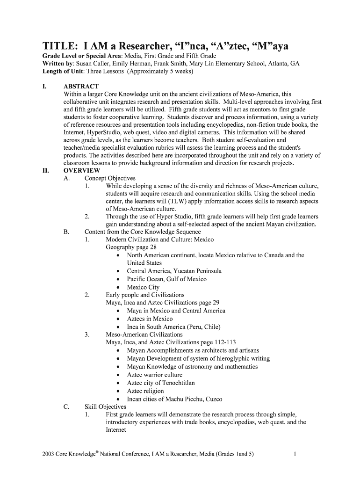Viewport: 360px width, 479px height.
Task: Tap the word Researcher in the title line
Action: click(x=147, y=47)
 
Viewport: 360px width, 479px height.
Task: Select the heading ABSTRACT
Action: click(x=81, y=87)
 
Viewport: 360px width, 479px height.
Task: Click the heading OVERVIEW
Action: click(x=82, y=171)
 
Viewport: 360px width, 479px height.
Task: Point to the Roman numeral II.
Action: click(x=46, y=171)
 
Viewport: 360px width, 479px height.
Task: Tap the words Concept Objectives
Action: click(x=110, y=178)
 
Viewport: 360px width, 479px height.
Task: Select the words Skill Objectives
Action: click(x=105, y=407)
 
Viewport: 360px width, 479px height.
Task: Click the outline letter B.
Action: click(x=66, y=232)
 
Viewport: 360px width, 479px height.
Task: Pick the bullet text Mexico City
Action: click(x=143, y=287)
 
